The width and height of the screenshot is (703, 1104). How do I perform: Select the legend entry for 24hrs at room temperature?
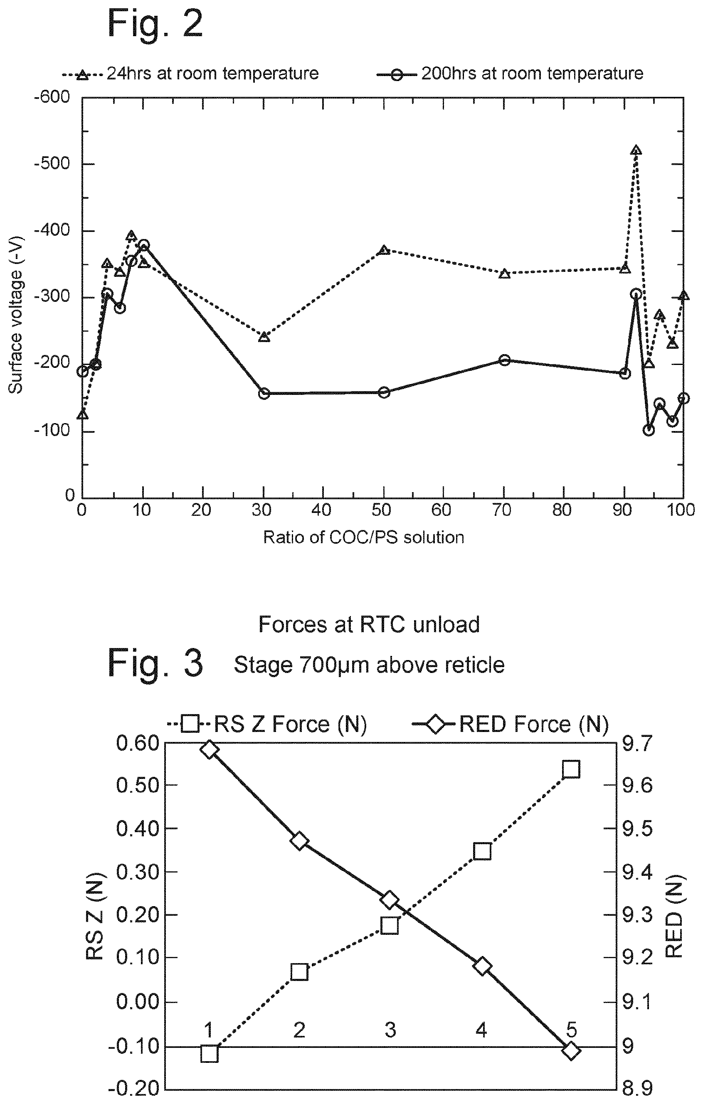(190, 73)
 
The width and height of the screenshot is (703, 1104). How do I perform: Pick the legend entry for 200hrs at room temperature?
(510, 73)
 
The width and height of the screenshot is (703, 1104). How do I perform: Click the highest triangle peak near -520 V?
(636, 151)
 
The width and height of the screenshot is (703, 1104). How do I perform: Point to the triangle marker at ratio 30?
(264, 337)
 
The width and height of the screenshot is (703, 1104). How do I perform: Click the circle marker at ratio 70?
(504, 360)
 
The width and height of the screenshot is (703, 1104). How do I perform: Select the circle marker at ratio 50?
(384, 392)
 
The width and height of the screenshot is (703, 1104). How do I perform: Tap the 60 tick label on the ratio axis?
(442, 510)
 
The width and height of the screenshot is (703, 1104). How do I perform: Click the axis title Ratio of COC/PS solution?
(364, 537)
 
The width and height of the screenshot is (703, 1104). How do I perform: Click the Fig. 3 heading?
(155, 663)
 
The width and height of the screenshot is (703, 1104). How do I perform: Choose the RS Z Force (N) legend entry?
(267, 724)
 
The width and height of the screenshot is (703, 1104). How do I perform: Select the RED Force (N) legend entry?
(511, 724)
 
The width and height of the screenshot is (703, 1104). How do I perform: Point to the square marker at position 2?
(299, 971)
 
